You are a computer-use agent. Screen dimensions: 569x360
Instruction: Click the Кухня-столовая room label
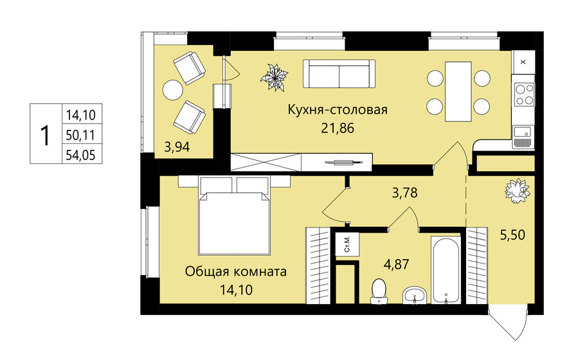coord(338,109)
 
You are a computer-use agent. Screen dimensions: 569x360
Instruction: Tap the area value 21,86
coord(338,128)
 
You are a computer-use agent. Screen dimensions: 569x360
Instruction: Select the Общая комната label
coord(236,271)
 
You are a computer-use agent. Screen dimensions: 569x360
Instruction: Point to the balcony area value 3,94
coord(177,147)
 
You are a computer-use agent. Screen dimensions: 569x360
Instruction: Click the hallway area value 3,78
coord(404,192)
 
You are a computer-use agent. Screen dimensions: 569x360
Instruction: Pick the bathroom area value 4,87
coord(396,264)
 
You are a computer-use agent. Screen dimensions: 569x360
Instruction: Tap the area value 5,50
coord(512,235)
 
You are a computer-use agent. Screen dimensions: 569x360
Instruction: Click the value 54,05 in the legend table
coord(80,156)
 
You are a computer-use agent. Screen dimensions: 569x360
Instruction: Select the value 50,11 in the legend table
coord(80,136)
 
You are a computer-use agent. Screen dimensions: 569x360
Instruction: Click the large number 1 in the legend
coord(46,136)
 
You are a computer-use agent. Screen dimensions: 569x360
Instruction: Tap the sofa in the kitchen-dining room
coord(339,74)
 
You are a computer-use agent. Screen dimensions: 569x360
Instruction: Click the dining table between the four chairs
coord(458,91)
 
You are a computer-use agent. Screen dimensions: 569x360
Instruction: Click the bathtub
coord(446,269)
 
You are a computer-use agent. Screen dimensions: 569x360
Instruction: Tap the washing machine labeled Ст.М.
coord(347,245)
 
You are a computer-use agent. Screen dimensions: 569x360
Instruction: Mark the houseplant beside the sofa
coord(274,77)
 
